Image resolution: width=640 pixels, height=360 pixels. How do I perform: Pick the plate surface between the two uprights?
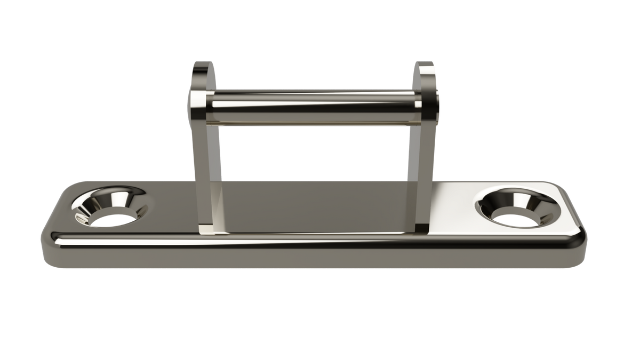(x=315, y=208)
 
